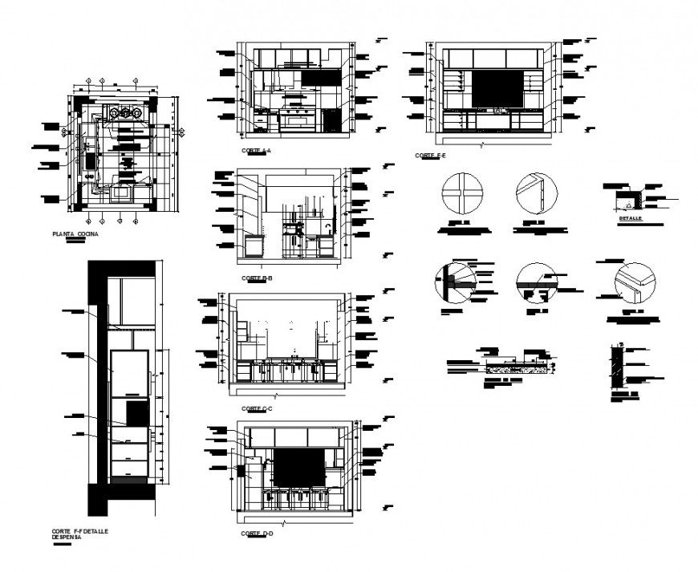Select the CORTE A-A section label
pos(257,150)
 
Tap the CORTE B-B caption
pos(257,278)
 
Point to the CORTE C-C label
pos(257,409)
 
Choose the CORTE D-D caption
pos(257,533)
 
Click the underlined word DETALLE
pos(630,217)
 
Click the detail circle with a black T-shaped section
pos(455,282)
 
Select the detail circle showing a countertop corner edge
pos(634,282)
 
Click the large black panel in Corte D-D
pos(299,466)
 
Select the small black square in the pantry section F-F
pos(137,413)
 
